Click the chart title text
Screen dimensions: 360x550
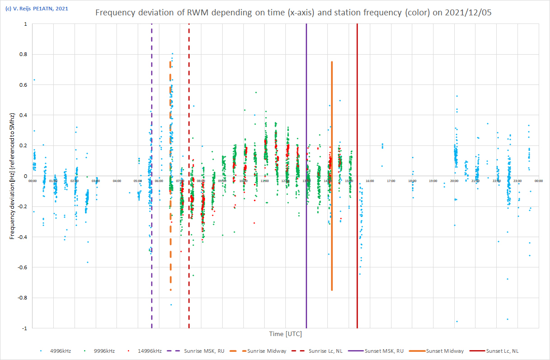pyautogui.click(x=293, y=13)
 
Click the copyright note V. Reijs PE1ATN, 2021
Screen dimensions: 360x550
pyautogui.click(x=36, y=8)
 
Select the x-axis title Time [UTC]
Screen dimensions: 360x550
pyautogui.click(x=285, y=334)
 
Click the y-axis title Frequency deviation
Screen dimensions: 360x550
pyautogui.click(x=12, y=176)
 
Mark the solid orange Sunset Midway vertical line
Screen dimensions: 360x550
pyautogui.click(x=332, y=248)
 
